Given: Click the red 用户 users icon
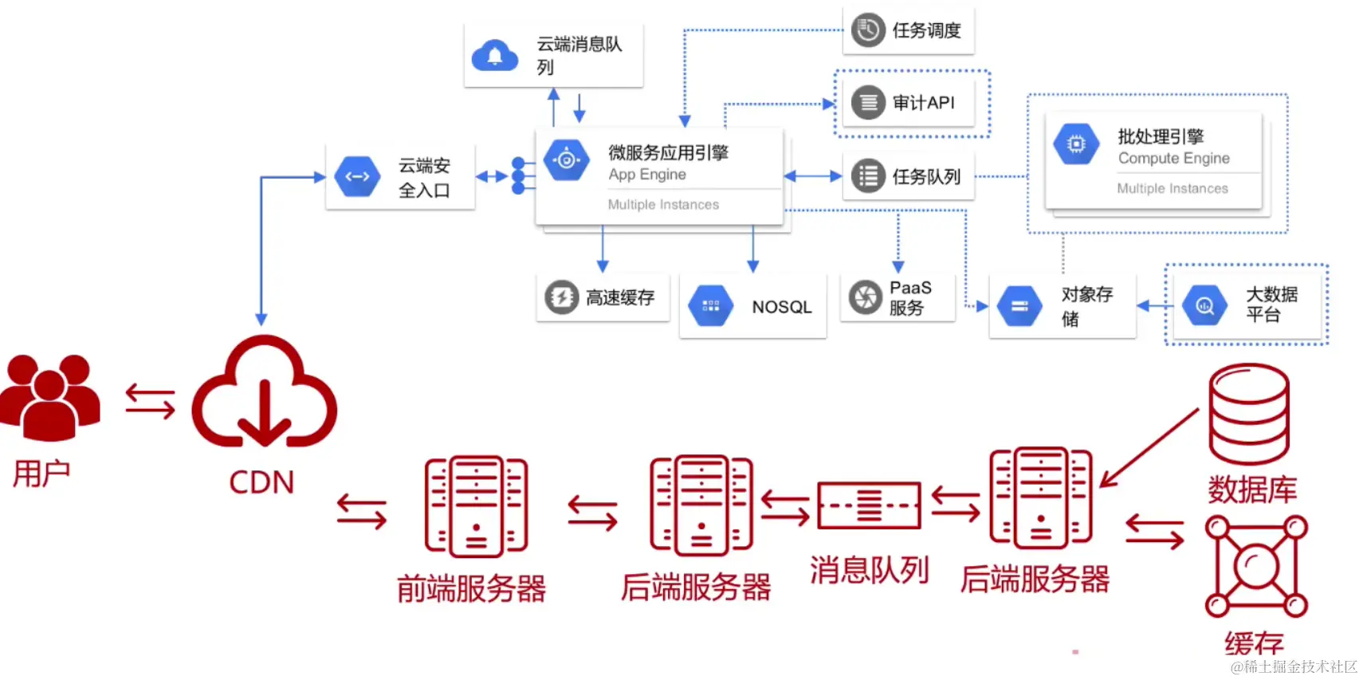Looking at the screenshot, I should point(49,397).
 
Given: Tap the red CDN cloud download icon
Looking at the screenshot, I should point(264,393).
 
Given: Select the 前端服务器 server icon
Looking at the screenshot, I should point(476,506).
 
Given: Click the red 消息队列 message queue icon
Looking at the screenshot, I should point(869,505).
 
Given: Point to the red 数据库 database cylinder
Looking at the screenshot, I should point(1248,414).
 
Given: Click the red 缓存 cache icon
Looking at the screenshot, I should point(1256,566).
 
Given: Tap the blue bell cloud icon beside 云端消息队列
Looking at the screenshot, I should point(495,56).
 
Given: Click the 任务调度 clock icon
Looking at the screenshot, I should point(868,30).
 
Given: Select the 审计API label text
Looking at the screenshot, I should point(923,103).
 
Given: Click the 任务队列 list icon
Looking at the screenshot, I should point(868,176).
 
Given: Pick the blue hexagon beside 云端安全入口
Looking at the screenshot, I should point(357,177).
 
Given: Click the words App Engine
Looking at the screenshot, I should point(646,175).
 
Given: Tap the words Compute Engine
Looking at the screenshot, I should point(1173,159).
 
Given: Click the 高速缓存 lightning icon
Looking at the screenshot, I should point(561,297).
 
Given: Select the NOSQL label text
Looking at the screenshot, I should point(781,307).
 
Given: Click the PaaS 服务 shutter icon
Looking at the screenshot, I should point(865,297).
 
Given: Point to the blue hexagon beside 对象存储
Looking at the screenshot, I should point(1019,306).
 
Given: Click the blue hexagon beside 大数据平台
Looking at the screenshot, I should point(1204,305).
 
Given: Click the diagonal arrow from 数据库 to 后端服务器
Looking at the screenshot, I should point(1149,448).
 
